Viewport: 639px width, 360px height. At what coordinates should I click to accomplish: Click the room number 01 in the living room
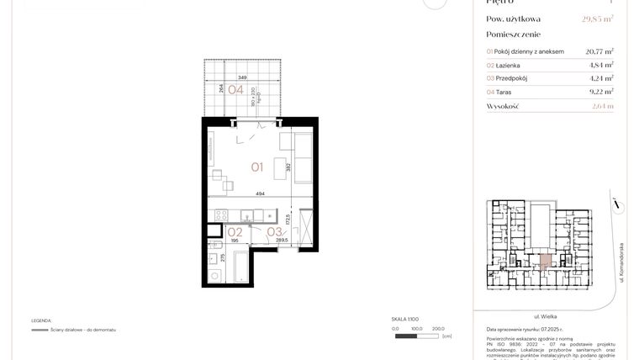tap(256, 167)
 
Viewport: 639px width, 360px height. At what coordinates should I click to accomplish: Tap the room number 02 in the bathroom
tap(235, 231)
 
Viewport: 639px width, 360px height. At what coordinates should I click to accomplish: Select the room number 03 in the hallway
tap(273, 231)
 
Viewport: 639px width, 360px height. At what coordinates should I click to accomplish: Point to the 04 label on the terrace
tap(235, 90)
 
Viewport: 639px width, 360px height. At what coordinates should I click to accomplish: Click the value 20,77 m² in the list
tap(599, 50)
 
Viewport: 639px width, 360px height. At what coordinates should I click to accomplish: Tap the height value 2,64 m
tap(602, 106)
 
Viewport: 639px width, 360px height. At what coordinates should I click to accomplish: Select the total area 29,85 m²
tap(598, 19)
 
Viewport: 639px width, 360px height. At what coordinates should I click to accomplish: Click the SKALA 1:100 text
tap(405, 320)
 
